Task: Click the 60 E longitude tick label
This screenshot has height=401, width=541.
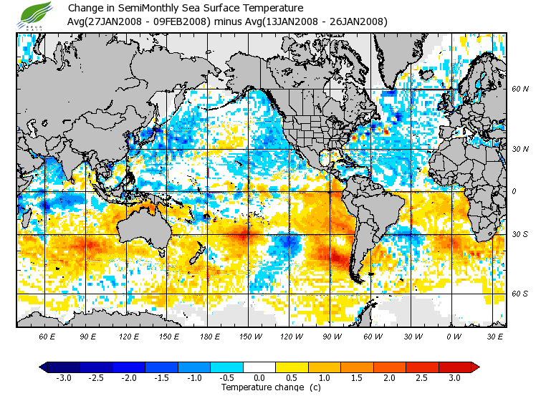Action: coord(47,336)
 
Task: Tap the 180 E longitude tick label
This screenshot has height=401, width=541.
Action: coord(209,336)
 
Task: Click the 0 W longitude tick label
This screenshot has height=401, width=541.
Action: coord(454,336)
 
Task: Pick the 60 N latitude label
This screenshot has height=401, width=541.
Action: coord(520,89)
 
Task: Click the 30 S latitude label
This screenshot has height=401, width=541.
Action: coord(520,235)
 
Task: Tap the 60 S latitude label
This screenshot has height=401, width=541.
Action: coord(520,294)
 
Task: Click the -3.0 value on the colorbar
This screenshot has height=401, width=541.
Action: coord(63,378)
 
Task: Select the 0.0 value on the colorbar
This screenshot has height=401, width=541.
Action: coord(259,378)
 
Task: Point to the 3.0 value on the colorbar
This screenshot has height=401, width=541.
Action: coord(455,378)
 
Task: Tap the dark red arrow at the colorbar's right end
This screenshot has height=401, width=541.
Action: coord(475,367)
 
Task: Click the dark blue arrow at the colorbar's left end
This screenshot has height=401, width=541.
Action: coord(44,367)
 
